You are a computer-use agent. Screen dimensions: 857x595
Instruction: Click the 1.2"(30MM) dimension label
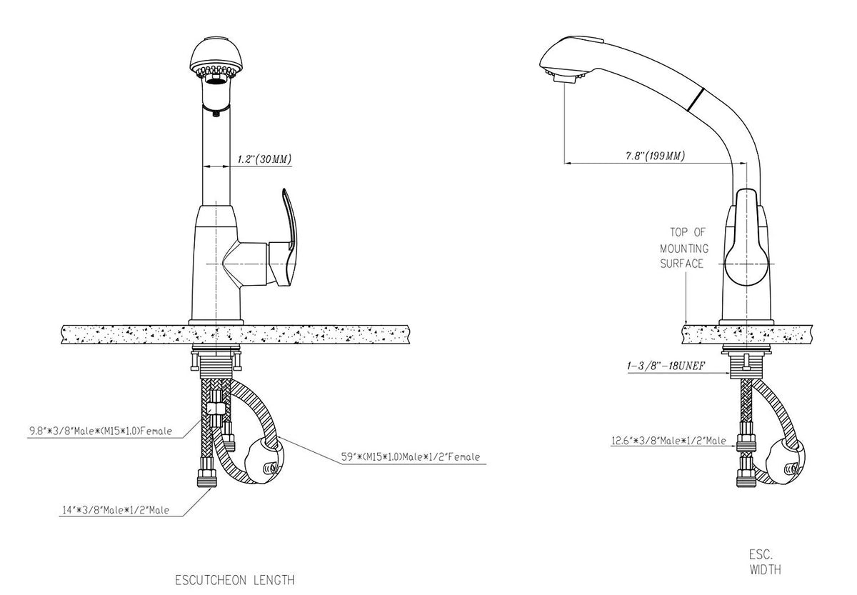tap(264, 159)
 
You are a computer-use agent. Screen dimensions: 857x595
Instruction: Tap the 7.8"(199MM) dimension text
tap(655, 156)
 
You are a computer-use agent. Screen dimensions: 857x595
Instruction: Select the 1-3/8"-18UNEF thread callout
tap(666, 366)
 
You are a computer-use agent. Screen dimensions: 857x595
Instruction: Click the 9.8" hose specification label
tap(101, 431)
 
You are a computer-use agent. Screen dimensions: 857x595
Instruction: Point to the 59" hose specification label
tap(410, 457)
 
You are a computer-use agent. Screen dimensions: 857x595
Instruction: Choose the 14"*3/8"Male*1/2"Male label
tap(116, 510)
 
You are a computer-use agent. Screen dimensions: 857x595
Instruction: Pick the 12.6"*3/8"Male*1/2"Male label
tap(668, 441)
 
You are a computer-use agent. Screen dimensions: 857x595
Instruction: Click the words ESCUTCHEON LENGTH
tap(235, 580)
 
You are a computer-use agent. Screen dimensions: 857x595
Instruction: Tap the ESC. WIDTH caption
tap(765, 562)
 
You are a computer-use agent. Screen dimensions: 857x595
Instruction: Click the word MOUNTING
tap(684, 249)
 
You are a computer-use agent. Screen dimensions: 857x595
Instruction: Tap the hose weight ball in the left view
tap(264, 461)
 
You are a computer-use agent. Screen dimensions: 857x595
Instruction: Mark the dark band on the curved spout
tap(696, 99)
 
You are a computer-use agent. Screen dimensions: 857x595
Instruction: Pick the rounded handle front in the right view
tap(746, 264)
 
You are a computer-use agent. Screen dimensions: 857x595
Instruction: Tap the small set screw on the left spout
tap(216, 114)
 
